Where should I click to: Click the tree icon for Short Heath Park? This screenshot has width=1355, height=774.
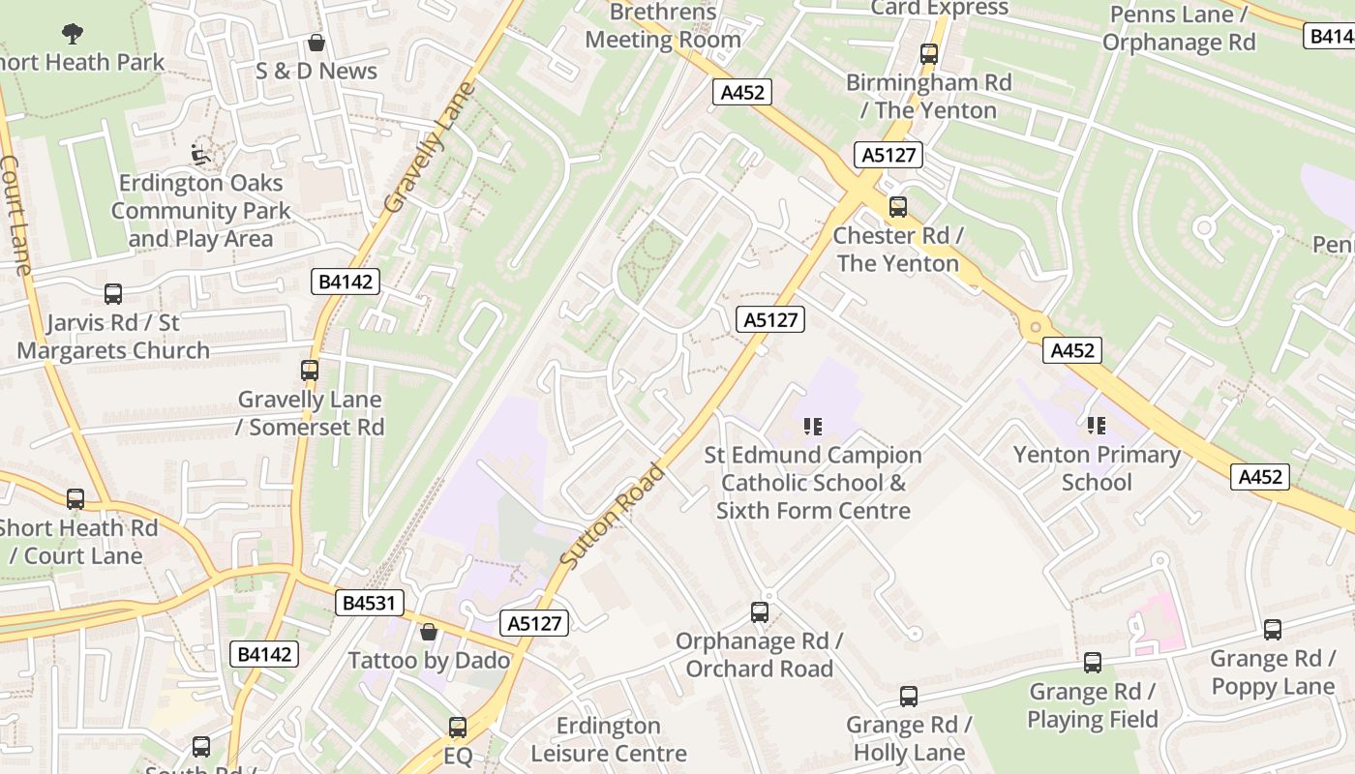(x=72, y=34)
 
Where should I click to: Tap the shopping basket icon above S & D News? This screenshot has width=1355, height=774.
(x=316, y=44)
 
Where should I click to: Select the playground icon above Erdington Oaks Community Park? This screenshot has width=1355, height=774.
(x=200, y=154)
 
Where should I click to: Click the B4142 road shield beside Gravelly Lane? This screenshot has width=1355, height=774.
(x=346, y=282)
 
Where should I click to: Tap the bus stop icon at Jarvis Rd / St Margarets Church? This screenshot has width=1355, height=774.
(x=113, y=294)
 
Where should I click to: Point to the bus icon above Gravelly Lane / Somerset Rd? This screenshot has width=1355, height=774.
(x=310, y=371)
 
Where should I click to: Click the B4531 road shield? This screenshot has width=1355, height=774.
(x=369, y=603)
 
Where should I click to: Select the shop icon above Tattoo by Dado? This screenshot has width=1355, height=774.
(x=429, y=632)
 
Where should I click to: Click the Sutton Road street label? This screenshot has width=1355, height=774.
(x=613, y=516)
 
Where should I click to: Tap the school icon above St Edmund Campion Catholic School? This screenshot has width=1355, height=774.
(x=813, y=426)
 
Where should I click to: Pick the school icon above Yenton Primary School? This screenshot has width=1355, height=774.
(x=1097, y=425)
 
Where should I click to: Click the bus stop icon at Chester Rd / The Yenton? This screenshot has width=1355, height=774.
(x=898, y=206)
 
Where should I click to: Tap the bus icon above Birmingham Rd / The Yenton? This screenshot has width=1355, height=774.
(x=929, y=54)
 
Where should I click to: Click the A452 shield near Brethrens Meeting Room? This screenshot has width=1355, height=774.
(x=743, y=92)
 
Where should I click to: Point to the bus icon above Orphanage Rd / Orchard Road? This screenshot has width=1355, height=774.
(x=760, y=612)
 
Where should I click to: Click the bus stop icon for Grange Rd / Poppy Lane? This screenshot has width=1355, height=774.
(x=1273, y=630)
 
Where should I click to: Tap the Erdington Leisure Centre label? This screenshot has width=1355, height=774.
(x=609, y=739)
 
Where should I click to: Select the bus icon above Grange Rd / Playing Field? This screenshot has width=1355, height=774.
(x=1093, y=663)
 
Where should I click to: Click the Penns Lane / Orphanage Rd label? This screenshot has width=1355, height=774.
(x=1178, y=28)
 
